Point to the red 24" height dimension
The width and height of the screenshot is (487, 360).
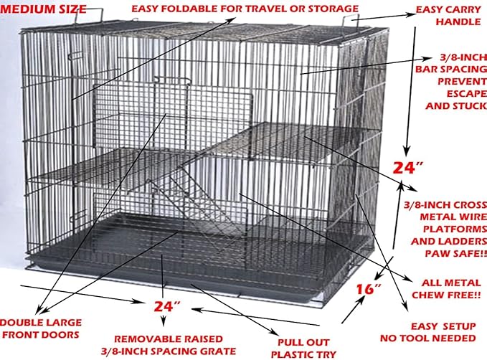click(408, 169)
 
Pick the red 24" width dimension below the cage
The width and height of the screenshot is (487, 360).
click(166, 307)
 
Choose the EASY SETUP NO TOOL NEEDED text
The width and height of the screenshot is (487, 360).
click(443, 331)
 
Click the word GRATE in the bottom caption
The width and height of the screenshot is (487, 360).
click(219, 351)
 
